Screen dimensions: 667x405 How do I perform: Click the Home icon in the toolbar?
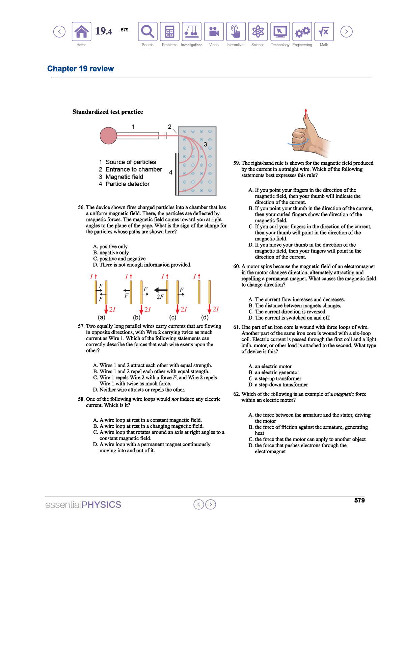coord(81,32)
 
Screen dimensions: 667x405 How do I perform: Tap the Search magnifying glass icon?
coord(147,32)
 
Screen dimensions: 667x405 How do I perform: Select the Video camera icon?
coord(214,32)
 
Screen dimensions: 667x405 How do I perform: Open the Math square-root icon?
coord(324,32)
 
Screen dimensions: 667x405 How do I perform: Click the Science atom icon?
coord(258,32)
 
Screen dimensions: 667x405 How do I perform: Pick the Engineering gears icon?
coord(302,32)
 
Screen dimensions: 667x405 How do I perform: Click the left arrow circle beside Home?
coord(59,32)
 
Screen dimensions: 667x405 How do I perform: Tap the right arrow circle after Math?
coord(346,32)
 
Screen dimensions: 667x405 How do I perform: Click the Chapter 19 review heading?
coord(80,69)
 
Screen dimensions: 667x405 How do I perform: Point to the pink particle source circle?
coord(108,136)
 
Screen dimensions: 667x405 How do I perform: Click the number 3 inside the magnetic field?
coord(205,144)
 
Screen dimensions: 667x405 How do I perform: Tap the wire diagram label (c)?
coord(172,317)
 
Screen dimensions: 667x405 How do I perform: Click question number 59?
coord(237,163)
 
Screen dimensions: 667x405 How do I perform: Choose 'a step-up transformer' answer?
coord(278,378)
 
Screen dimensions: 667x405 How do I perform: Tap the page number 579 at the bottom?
coord(359,500)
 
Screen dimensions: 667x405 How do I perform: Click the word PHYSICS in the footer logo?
coord(101,505)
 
